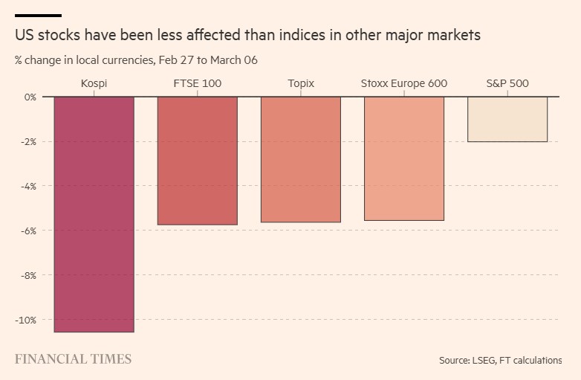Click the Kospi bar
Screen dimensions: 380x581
pyautogui.click(x=94, y=214)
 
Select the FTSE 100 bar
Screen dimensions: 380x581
pyautogui.click(x=197, y=161)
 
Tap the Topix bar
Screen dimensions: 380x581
pyautogui.click(x=300, y=159)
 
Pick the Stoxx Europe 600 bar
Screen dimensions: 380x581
pyautogui.click(x=403, y=158)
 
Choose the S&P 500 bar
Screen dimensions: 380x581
pyautogui.click(x=507, y=119)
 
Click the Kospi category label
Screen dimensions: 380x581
pyautogui.click(x=94, y=83)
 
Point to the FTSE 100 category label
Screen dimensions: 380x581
pyautogui.click(x=197, y=83)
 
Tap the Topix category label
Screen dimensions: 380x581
pyautogui.click(x=300, y=83)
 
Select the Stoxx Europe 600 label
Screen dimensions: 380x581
pyautogui.click(x=403, y=83)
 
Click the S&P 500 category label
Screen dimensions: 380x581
pyautogui.click(x=507, y=83)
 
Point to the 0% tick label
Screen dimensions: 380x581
pyautogui.click(x=29, y=97)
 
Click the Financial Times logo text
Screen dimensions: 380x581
pyautogui.click(x=73, y=359)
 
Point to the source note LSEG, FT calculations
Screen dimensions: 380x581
pyautogui.click(x=500, y=361)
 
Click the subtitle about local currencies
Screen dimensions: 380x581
pyautogui.click(x=136, y=59)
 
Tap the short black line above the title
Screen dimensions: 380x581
pyautogui.click(x=38, y=15)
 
